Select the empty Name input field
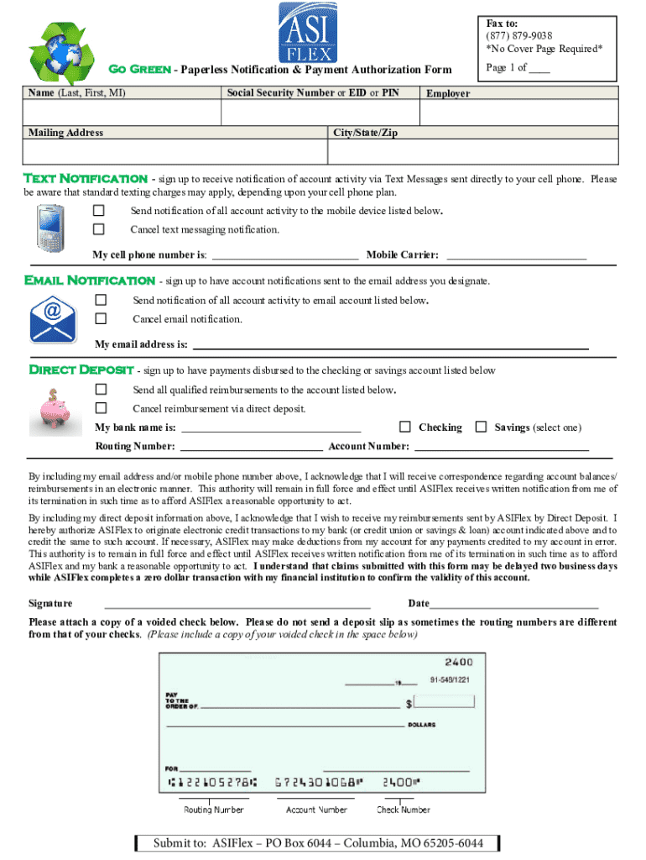click(x=122, y=113)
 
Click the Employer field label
click(x=448, y=93)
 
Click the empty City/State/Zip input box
click(x=473, y=151)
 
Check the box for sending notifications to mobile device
click(x=99, y=210)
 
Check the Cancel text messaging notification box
click(x=99, y=229)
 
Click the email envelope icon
click(x=52, y=317)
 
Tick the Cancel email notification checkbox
click(x=101, y=318)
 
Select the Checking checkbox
click(x=405, y=427)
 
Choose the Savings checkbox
click(x=481, y=427)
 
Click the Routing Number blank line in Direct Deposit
click(x=251, y=446)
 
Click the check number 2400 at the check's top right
click(x=459, y=662)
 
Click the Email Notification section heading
click(x=90, y=280)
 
